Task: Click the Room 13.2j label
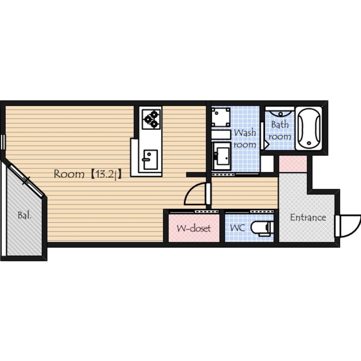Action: click(87, 174)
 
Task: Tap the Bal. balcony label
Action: click(25, 216)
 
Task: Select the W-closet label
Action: click(193, 228)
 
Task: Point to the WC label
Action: click(237, 228)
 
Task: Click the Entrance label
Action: click(308, 217)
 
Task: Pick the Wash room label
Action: click(245, 138)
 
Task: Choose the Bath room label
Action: click(280, 130)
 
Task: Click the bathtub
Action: click(309, 128)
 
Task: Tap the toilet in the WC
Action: click(262, 228)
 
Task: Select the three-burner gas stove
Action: click(151, 119)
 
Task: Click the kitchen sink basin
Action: click(150, 159)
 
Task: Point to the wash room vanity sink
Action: click(222, 156)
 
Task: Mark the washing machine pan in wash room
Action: click(221, 117)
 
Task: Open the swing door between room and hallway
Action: click(195, 193)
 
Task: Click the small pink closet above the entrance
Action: click(293, 164)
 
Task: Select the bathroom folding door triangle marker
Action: click(267, 145)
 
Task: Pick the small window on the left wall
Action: click(3, 142)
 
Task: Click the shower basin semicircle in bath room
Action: click(280, 114)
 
